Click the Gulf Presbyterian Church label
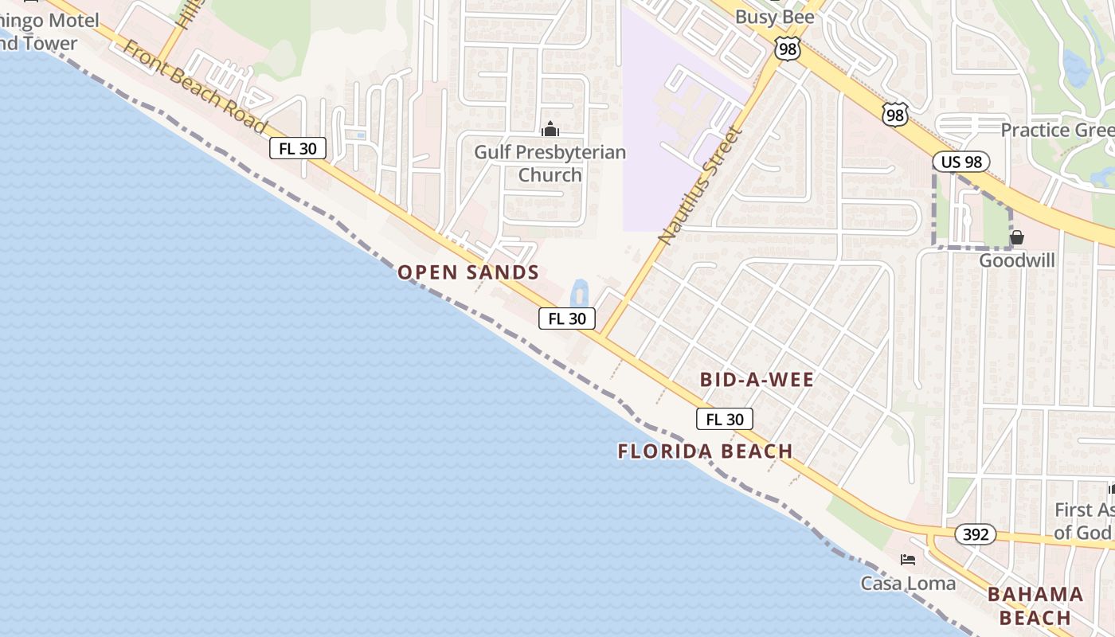[x=550, y=163]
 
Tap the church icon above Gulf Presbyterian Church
[x=550, y=129]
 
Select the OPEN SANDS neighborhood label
[x=468, y=272]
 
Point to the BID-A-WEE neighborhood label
[x=757, y=380]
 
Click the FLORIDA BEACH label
[x=705, y=451]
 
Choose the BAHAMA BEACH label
[x=1035, y=606]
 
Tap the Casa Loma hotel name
[x=908, y=584]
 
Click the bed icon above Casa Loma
[x=908, y=560]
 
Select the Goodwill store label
[x=1016, y=260]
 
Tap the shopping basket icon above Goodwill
[x=1017, y=237]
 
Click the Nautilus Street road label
[x=701, y=184]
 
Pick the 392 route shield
[x=975, y=534]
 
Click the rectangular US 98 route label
[x=960, y=162]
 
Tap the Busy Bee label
[x=774, y=17]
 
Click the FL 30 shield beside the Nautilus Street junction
[x=567, y=318]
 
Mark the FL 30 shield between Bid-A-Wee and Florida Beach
[x=724, y=419]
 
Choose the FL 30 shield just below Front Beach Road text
[x=298, y=148]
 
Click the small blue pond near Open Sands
[x=580, y=292]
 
